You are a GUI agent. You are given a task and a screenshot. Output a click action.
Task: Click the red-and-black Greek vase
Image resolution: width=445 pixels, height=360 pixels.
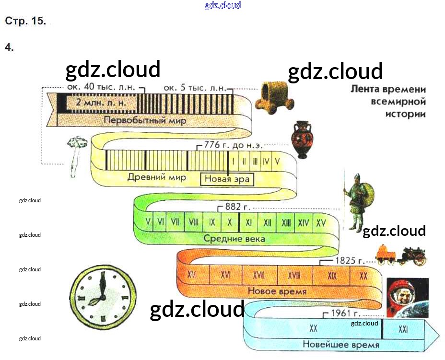301,139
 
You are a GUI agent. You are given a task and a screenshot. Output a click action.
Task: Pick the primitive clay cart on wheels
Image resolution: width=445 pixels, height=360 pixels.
274,98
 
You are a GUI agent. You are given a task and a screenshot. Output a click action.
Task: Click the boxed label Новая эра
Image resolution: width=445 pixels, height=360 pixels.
227,179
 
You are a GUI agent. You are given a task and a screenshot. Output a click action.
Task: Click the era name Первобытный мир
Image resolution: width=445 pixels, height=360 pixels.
145,120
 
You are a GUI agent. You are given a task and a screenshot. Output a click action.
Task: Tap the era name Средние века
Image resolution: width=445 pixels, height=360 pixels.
234,238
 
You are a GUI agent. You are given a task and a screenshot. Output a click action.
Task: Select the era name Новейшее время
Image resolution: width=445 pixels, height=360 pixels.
340,344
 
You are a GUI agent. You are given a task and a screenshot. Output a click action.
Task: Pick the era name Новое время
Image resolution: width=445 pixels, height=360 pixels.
277,291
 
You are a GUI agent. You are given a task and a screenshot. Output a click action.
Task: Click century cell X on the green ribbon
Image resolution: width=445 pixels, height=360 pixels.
230,222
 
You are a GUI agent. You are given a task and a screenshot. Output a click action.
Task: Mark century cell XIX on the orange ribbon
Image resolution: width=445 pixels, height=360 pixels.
332,276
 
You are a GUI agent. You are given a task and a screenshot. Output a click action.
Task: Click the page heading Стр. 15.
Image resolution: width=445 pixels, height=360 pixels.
25,22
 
